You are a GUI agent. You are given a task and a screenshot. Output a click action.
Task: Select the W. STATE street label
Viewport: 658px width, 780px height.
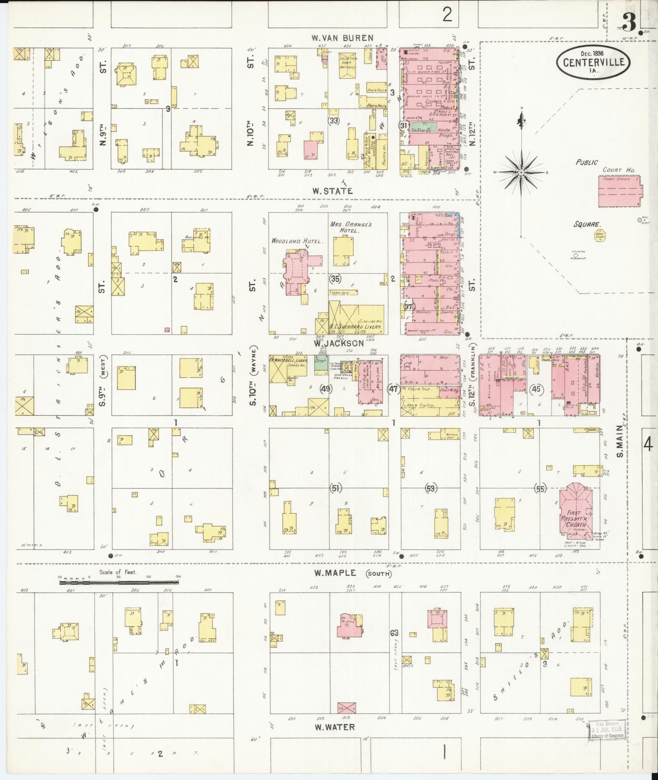(332, 190)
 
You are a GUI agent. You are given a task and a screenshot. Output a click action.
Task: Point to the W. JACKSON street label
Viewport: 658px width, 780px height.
(338, 343)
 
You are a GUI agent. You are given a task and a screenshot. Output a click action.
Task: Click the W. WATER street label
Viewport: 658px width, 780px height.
(335, 727)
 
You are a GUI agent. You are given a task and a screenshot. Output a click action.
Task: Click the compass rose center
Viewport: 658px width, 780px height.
(521, 173)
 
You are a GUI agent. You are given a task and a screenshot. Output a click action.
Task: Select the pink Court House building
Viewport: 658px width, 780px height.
(619, 191)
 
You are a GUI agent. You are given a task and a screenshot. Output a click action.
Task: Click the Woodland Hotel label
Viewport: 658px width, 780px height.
(298, 241)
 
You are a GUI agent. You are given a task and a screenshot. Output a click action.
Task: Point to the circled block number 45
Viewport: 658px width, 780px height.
(536, 389)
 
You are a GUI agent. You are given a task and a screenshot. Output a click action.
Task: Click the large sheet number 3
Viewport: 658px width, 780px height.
(629, 24)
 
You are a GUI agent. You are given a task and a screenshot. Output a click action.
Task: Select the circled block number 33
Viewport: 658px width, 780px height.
(334, 120)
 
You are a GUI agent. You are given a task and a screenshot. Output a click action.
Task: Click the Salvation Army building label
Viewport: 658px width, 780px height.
(348, 62)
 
